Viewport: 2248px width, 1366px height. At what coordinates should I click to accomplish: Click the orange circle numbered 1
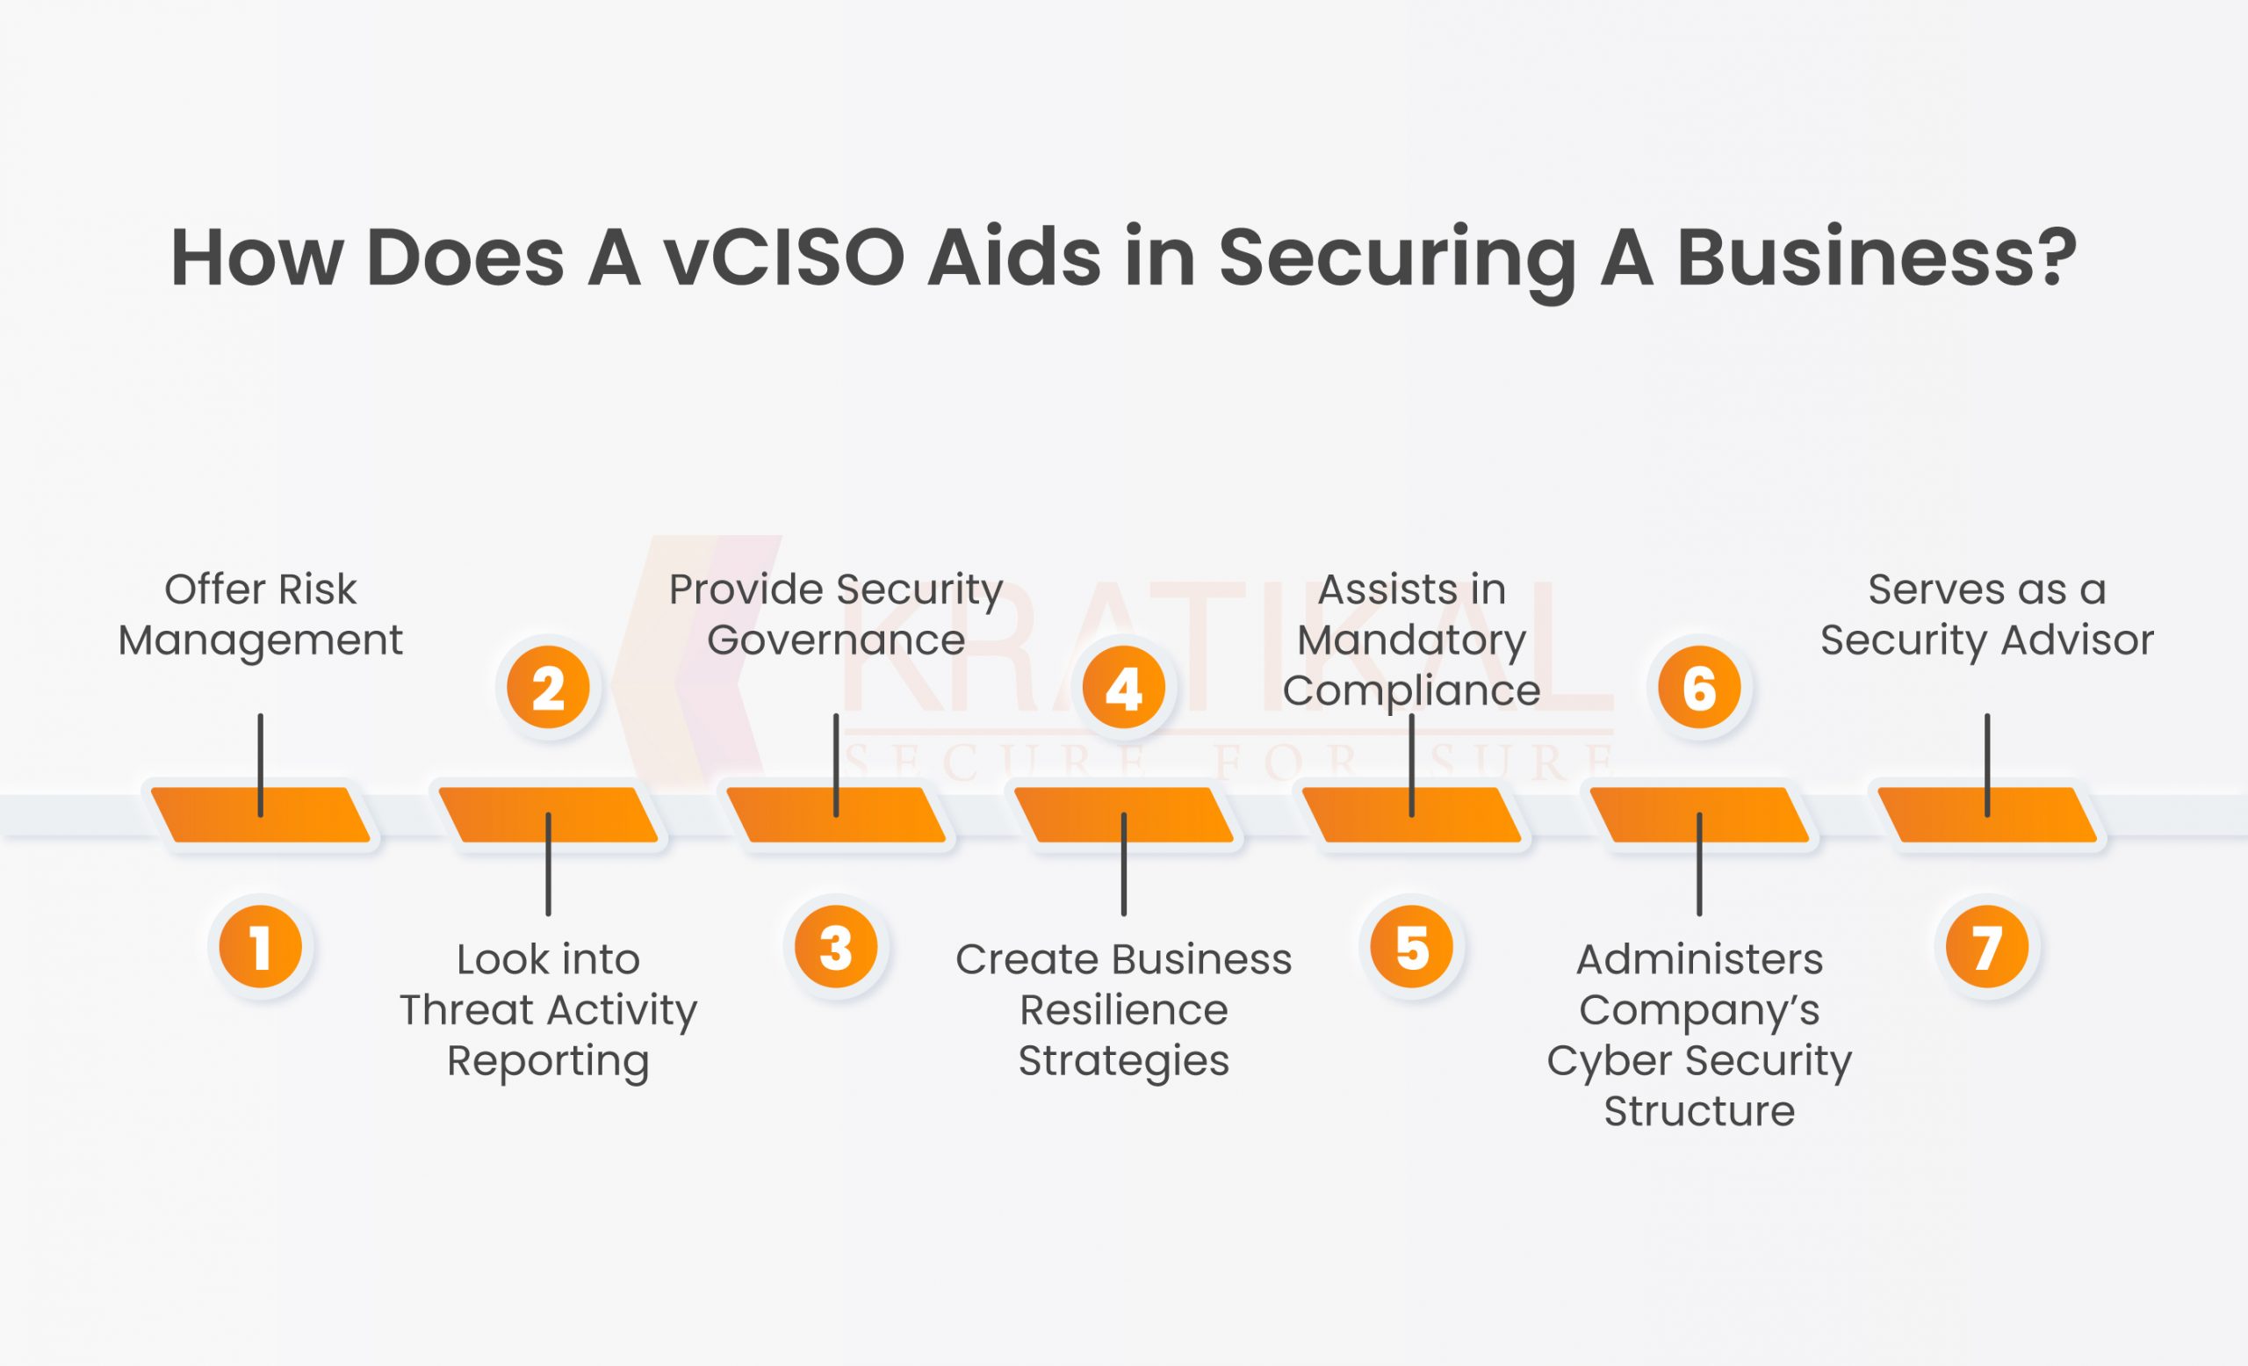tap(261, 947)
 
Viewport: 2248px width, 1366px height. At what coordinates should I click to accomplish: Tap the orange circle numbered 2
tap(548, 687)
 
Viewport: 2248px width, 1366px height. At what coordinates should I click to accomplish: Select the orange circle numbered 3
tap(836, 947)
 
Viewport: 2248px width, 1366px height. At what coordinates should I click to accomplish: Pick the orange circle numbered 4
tap(1124, 687)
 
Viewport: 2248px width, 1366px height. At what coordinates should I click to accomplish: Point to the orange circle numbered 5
tap(1411, 947)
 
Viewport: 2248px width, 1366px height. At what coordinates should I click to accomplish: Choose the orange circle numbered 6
tap(1700, 687)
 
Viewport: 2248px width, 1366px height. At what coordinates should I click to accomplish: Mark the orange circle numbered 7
tap(1987, 947)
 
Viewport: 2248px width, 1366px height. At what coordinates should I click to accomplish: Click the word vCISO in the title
tap(783, 257)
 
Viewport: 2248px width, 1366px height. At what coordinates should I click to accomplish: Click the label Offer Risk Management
tap(261, 614)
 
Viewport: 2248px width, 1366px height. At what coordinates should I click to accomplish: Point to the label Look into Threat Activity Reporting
tap(548, 1010)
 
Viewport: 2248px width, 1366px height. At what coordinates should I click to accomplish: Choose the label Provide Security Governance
tap(836, 614)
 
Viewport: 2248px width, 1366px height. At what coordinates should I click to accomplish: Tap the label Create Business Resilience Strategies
tap(1124, 1010)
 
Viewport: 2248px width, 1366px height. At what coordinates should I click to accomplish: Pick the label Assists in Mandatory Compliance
tap(1411, 640)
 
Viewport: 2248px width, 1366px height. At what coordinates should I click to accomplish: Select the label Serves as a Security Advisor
tap(1987, 614)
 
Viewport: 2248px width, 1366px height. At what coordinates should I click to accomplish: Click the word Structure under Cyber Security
tap(1700, 1111)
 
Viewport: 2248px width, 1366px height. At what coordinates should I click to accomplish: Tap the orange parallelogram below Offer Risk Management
tap(261, 814)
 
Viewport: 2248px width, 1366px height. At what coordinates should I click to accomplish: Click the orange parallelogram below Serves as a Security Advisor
tap(1987, 814)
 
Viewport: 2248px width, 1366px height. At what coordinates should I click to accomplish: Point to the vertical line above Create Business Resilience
tap(1124, 864)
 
